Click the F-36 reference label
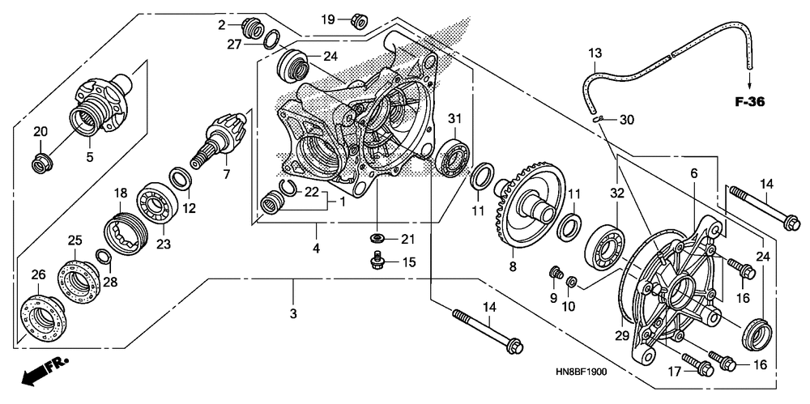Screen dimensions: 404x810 pyautogui.click(x=750, y=102)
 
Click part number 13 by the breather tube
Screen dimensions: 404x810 pyautogui.click(x=595, y=53)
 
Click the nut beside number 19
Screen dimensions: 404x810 pyautogui.click(x=357, y=20)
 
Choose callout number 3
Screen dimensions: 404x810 pyautogui.click(x=293, y=313)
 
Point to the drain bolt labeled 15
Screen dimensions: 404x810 pyautogui.click(x=376, y=260)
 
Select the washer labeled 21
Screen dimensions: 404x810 pyautogui.click(x=377, y=238)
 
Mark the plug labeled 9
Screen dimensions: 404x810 pyautogui.click(x=556, y=272)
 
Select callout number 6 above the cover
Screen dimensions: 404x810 pyautogui.click(x=693, y=172)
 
